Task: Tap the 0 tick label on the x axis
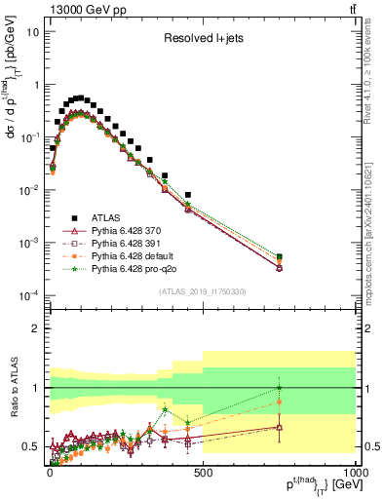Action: (x=50, y=474)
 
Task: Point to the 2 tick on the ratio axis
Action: (x=33, y=328)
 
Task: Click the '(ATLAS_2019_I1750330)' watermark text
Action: (x=202, y=291)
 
